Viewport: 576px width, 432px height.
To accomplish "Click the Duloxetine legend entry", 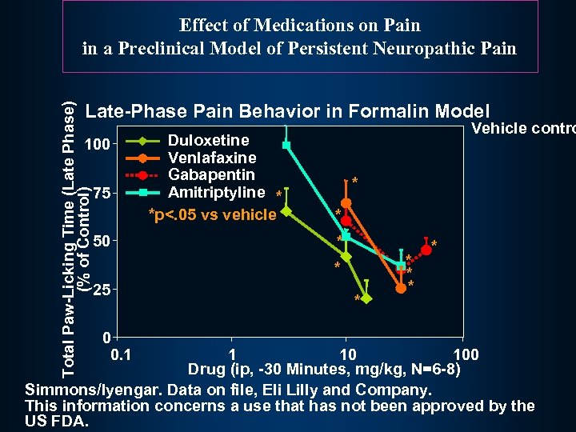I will point(208,141).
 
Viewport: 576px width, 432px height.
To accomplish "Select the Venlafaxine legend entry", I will point(212,158).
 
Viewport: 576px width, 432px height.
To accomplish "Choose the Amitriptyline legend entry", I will point(216,192).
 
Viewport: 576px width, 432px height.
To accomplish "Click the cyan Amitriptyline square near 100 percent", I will point(286,146).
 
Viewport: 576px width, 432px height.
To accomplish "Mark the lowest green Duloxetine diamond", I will point(366,298).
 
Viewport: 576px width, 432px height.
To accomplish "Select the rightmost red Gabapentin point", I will point(426,250).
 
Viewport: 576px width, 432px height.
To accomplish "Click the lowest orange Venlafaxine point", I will point(401,288).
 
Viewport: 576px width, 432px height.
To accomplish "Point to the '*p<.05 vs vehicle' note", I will point(213,214).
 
